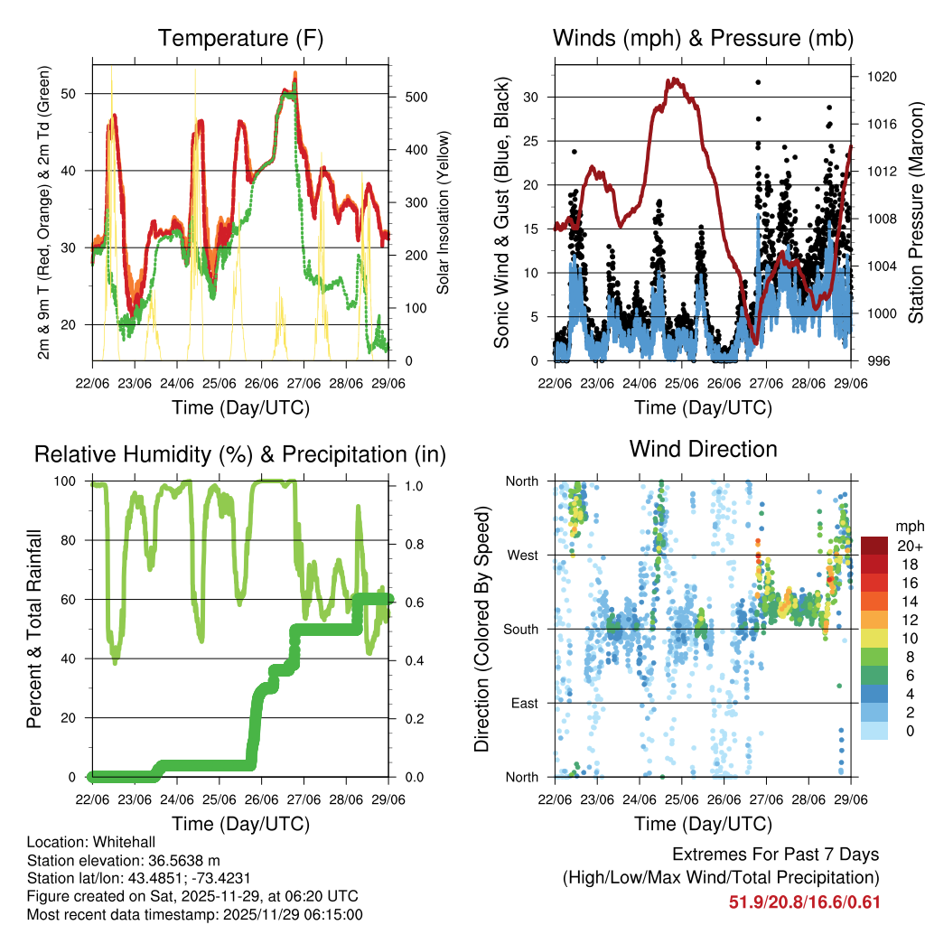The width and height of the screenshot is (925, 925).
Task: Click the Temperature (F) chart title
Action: (x=240, y=39)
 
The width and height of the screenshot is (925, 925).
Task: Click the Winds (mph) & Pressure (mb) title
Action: (x=704, y=39)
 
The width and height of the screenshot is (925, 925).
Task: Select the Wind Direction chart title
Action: (x=703, y=449)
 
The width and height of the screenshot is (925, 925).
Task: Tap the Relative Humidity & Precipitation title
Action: (x=240, y=453)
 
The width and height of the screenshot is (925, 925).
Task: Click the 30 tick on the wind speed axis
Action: (x=537, y=97)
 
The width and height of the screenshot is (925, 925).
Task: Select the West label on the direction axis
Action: (x=522, y=555)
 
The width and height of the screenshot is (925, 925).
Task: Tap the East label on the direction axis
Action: (x=524, y=703)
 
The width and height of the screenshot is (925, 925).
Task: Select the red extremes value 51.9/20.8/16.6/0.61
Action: (x=804, y=902)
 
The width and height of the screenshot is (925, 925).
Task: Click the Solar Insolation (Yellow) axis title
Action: (x=443, y=213)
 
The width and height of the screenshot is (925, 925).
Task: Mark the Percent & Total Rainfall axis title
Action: (x=35, y=630)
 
